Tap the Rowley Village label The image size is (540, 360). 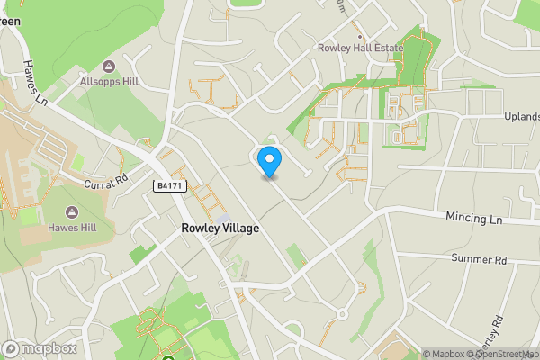point(220,229)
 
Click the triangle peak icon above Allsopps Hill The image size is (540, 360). point(109,67)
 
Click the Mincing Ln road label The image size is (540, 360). point(478,218)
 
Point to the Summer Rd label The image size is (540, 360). point(480,259)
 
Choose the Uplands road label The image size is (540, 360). point(521,118)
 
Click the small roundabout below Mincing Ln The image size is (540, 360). point(342,314)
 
